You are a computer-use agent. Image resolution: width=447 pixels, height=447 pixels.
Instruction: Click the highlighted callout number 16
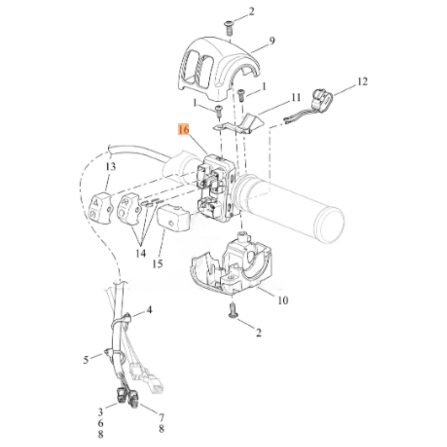(183, 130)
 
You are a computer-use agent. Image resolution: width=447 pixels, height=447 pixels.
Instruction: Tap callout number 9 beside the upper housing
(272, 41)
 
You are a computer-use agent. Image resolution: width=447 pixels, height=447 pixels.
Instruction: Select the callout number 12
(362, 82)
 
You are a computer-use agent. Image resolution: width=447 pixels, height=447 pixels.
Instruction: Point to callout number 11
(296, 98)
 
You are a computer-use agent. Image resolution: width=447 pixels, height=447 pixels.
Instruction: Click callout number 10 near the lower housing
(283, 300)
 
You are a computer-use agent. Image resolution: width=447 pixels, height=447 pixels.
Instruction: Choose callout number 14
(140, 253)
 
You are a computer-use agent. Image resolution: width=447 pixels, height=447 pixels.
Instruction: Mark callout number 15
(157, 264)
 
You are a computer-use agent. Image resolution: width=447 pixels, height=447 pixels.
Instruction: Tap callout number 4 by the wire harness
(149, 310)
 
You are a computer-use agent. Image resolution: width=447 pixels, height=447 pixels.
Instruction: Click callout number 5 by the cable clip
(86, 360)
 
